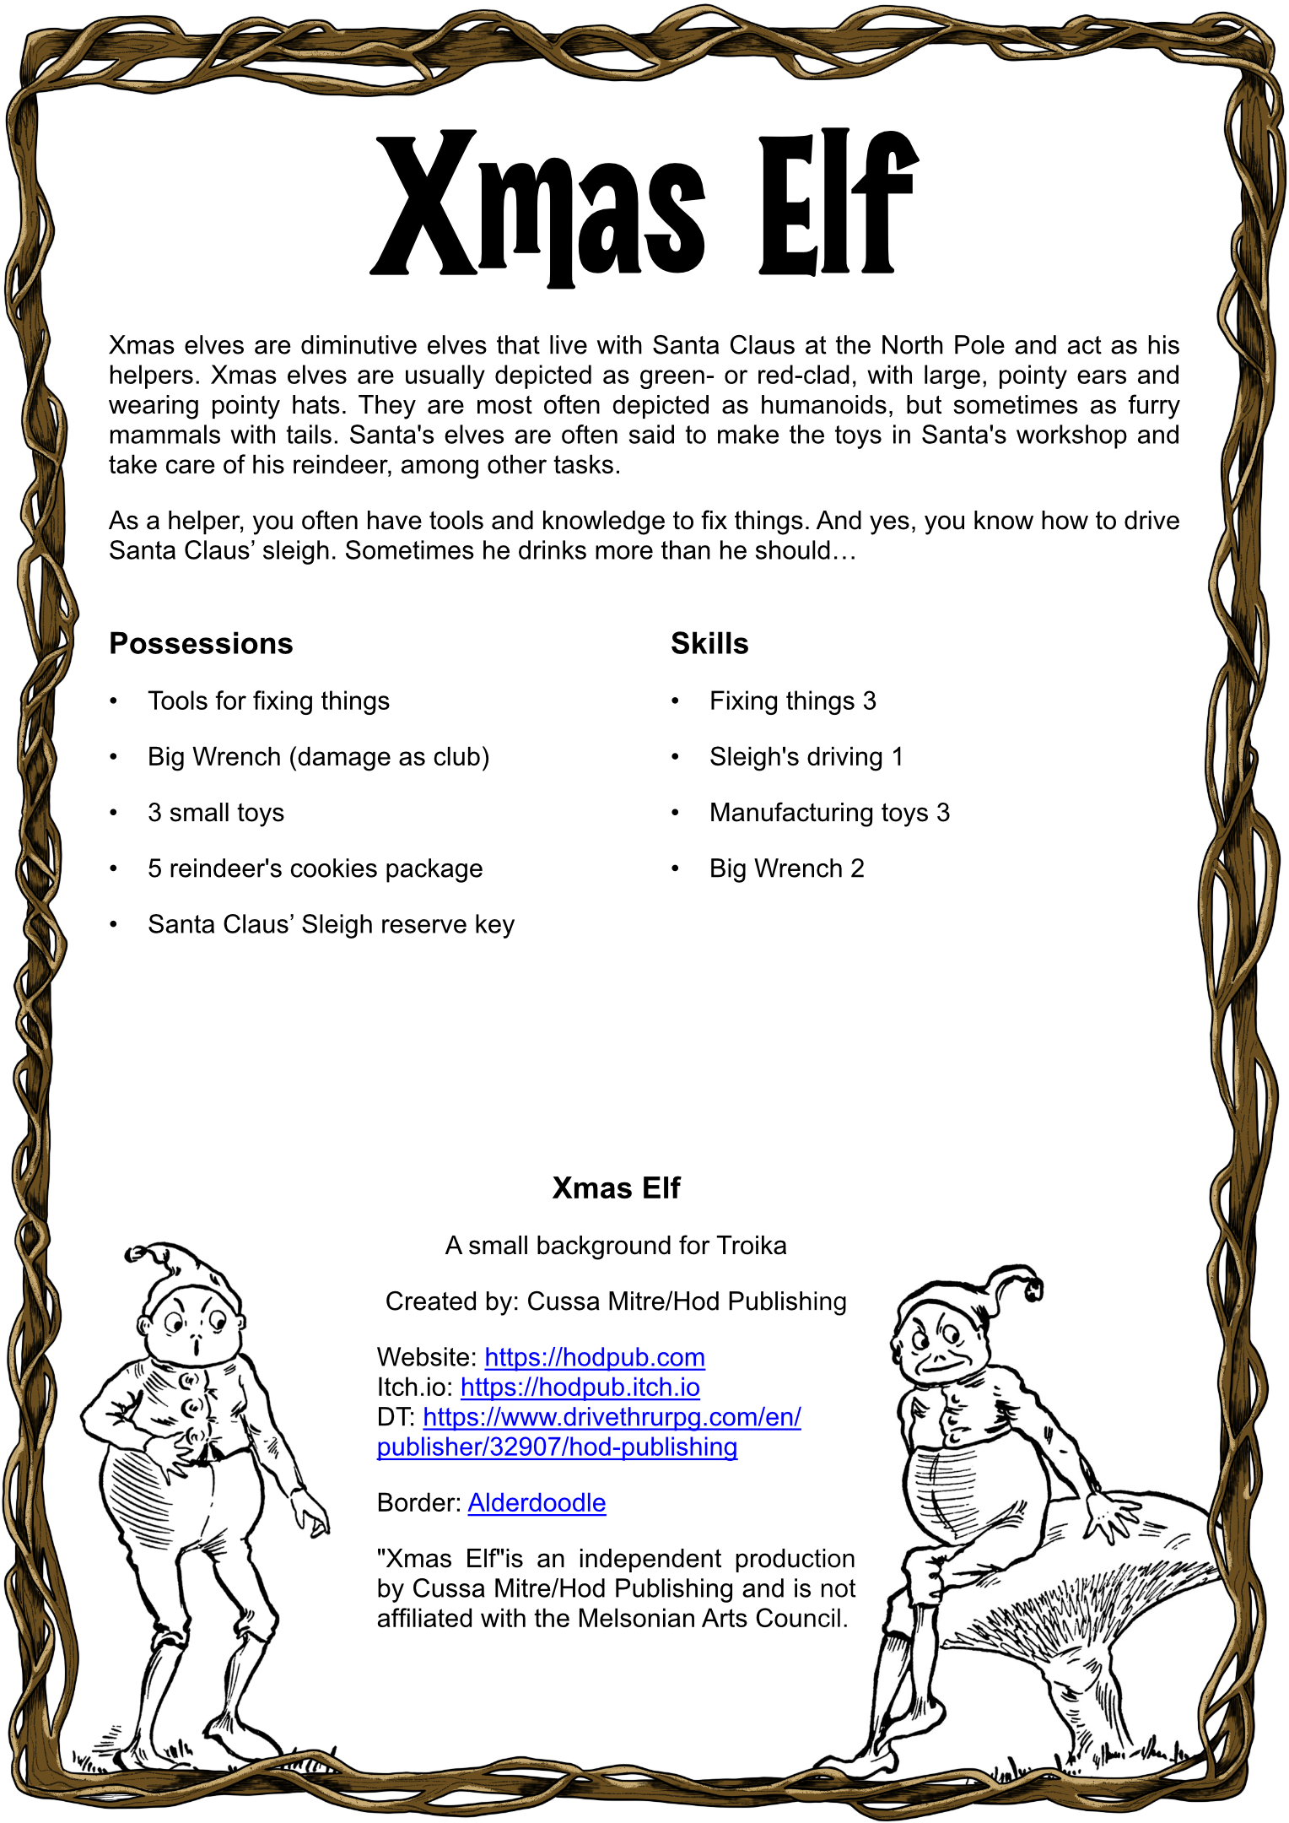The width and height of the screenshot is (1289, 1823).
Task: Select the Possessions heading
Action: (201, 644)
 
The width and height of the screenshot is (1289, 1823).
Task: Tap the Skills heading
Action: (709, 644)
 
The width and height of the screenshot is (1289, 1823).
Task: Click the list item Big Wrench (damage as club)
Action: (318, 757)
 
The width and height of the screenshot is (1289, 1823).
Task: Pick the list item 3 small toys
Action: (216, 813)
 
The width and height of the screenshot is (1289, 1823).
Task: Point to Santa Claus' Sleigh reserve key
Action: (331, 925)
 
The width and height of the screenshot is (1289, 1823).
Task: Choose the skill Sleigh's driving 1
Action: (806, 757)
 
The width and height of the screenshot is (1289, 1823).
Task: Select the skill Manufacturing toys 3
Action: (829, 813)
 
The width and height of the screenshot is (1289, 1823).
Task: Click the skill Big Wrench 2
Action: (786, 868)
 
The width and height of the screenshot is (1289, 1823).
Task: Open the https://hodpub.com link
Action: (595, 1357)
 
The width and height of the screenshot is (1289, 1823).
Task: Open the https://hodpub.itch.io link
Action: (580, 1388)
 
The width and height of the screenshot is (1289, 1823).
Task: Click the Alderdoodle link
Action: (537, 1503)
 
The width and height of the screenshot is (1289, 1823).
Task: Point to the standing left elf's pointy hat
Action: (181, 1266)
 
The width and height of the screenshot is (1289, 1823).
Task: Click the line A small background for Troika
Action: (616, 1246)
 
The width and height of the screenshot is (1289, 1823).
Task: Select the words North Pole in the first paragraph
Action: (942, 345)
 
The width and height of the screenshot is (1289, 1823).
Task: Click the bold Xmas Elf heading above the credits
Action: (616, 1188)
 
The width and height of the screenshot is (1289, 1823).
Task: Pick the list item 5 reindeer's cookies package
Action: (315, 868)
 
